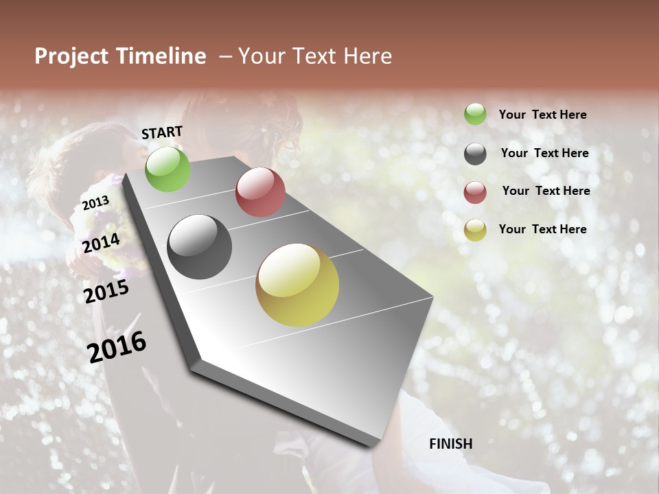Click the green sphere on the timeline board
pos(167,169)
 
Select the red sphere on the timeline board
pos(260,192)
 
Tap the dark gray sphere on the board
pos(200,247)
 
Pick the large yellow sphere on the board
pos(297,285)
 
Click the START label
pos(162,132)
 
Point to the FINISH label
pos(450,444)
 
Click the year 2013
pos(95,202)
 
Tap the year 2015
pos(106,292)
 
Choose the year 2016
pos(117,346)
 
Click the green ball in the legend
pos(475,114)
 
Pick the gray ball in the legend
pos(475,154)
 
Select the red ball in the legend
pos(475,192)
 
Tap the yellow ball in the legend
pos(475,230)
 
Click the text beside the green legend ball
pos(542,115)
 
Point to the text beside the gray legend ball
pos(544,153)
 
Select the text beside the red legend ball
pos(546,191)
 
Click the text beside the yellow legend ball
pos(542,229)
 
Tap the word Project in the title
pos(71,56)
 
